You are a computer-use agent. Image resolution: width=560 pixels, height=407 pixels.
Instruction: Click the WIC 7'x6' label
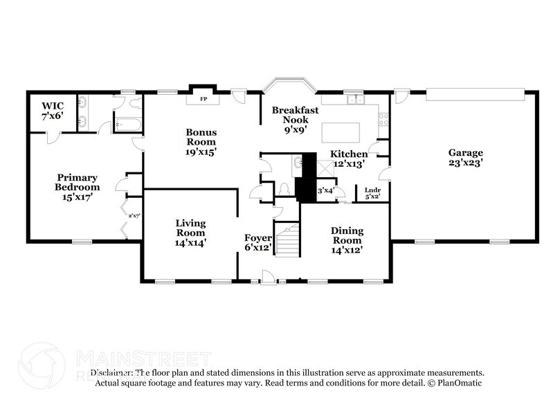(52, 111)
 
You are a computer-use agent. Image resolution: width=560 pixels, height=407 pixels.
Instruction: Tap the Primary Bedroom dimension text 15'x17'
(77, 197)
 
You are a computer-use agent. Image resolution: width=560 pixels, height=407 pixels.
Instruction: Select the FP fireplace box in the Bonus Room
(204, 99)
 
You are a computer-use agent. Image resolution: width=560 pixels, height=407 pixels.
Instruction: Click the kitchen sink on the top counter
(355, 100)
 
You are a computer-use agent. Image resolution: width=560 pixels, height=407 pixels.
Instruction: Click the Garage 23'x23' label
(465, 158)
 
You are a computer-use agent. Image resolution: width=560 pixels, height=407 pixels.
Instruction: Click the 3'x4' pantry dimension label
(325, 190)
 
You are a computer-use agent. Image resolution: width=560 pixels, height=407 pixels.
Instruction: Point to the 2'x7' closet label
(134, 216)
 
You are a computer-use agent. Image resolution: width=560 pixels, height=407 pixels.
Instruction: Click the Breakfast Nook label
(295, 115)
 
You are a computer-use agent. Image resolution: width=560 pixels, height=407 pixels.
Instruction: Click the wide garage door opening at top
(475, 91)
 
